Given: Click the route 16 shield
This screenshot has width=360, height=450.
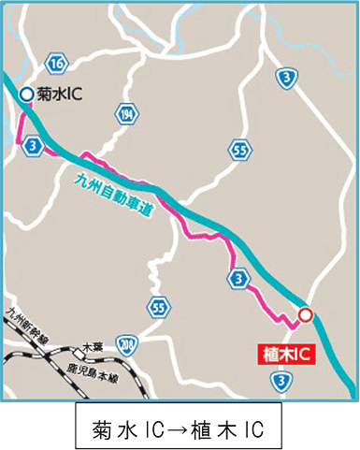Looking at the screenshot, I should pyautogui.click(x=58, y=64).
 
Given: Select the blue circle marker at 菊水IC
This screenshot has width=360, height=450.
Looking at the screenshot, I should pyautogui.click(x=26, y=94).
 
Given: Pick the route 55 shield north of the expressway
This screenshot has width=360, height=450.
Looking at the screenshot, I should pyautogui.click(x=241, y=148).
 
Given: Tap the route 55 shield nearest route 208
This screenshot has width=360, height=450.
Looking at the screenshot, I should pyautogui.click(x=159, y=308).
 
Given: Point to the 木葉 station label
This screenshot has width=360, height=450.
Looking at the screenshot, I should pyautogui.click(x=91, y=347).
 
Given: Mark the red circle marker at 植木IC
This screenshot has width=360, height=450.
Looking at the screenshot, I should pyautogui.click(x=305, y=315).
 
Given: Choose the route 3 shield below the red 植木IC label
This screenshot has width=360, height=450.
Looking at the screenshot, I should pyautogui.click(x=279, y=380).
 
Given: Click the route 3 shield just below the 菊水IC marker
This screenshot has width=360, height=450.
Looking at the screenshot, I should pyautogui.click(x=35, y=146).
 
